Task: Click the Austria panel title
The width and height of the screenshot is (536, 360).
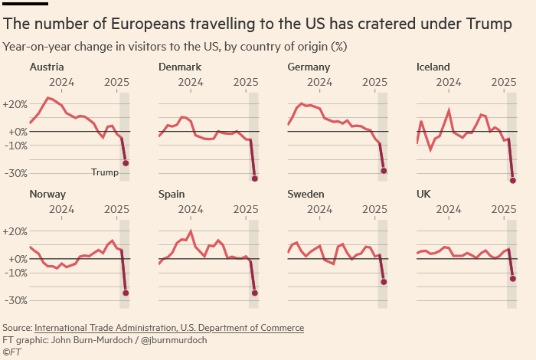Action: [x=46, y=67]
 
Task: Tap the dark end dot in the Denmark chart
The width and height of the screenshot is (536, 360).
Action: [x=254, y=178]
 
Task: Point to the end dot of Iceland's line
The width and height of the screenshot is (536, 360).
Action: [x=512, y=181]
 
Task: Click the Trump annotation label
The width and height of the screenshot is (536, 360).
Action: [x=105, y=172]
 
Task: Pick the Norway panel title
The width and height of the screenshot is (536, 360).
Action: [x=47, y=194]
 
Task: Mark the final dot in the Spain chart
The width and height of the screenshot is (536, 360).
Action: [x=254, y=293]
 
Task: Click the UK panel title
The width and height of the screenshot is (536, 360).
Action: [x=423, y=194]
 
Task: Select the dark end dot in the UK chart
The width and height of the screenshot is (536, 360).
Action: [x=512, y=278]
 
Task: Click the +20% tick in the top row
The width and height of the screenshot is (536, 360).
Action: [x=15, y=103]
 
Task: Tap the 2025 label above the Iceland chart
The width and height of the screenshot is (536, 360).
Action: [x=503, y=82]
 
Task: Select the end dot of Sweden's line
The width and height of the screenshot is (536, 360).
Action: [x=384, y=282]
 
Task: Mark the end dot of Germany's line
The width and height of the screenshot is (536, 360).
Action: [x=384, y=171]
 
